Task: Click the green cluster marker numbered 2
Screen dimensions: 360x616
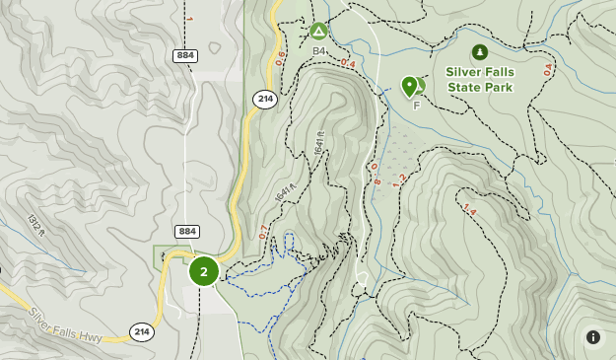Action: [x=203, y=271]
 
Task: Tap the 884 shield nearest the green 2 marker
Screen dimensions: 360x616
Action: [x=187, y=231]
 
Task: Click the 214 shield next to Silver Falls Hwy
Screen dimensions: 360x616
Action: [x=140, y=331]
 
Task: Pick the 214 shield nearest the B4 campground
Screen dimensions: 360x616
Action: [x=264, y=99]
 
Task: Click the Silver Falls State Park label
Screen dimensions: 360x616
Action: [x=479, y=79]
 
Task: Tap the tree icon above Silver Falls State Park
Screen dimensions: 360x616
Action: [x=479, y=51]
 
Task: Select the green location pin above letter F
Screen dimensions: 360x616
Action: [x=410, y=86]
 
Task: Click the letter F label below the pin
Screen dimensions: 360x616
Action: [x=417, y=106]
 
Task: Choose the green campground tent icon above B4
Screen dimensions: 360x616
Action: [x=318, y=31]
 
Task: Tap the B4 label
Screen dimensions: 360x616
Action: [x=318, y=50]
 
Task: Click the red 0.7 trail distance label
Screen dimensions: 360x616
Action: [x=263, y=232]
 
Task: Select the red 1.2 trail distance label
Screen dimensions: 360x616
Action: [x=399, y=180]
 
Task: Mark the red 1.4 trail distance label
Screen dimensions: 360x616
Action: [x=468, y=211]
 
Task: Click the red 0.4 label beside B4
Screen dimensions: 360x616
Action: [x=347, y=64]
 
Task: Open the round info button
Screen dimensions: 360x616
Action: [x=593, y=337]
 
